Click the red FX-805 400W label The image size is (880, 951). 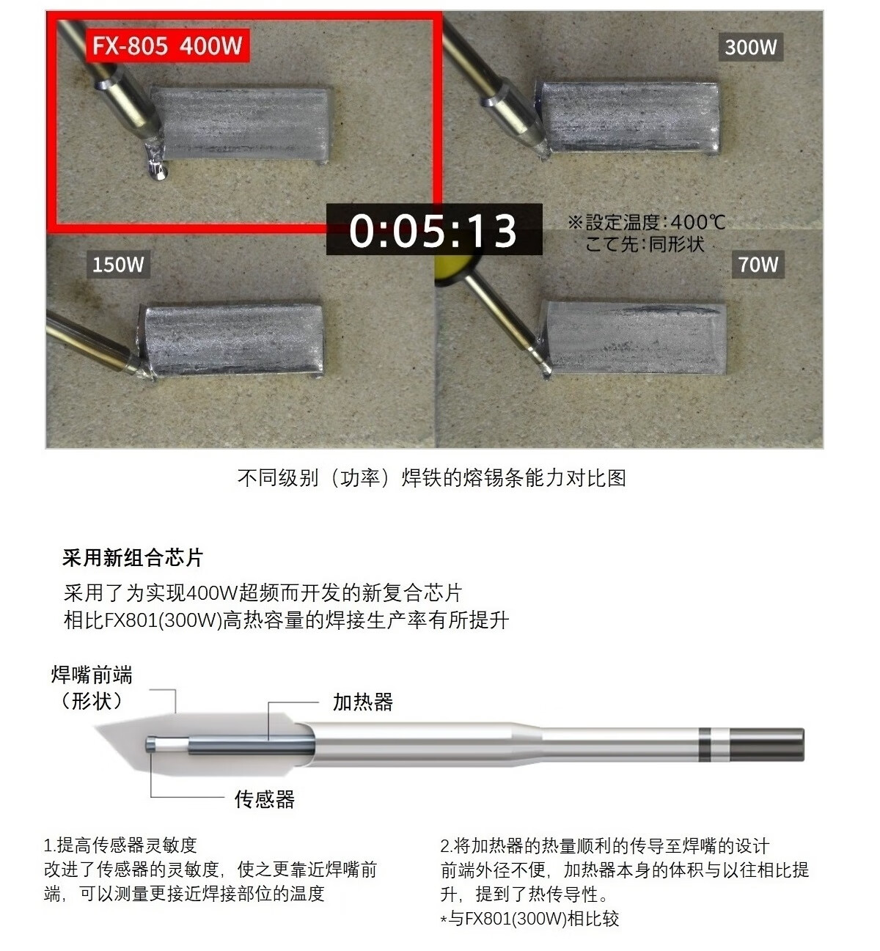tap(168, 46)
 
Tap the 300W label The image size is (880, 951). tap(751, 47)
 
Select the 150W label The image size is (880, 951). tap(118, 264)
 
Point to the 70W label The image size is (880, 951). tap(758, 264)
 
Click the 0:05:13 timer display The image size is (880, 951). tap(434, 230)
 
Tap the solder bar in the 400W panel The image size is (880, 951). tap(241, 123)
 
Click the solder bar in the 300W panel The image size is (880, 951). tap(628, 117)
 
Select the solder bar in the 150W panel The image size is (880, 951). tap(232, 339)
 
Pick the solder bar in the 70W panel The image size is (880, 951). tap(634, 337)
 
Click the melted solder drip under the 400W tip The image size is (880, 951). tap(155, 165)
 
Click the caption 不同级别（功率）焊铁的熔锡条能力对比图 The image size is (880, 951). tap(432, 478)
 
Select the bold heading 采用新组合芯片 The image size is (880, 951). tap(133, 558)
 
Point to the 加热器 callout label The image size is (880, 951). tap(363, 702)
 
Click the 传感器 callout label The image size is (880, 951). tap(265, 799)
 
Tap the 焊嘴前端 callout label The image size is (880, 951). tap(92, 675)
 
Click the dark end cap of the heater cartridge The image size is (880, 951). tap(766, 745)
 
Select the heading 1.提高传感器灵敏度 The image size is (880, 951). tap(120, 845)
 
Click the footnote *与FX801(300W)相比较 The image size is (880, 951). tap(529, 919)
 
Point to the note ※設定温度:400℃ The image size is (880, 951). tap(647, 222)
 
